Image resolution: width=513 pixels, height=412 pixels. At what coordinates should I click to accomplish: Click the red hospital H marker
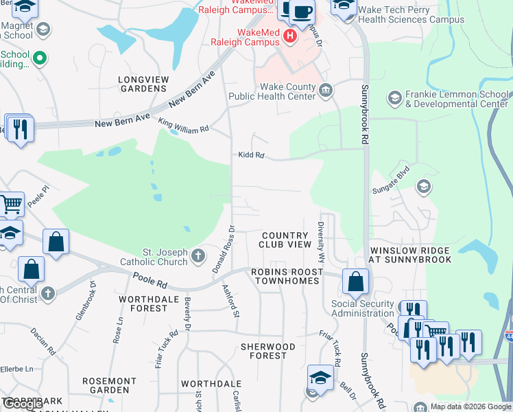point(290,36)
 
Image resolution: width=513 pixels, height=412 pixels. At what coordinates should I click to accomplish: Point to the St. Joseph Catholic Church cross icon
point(198,257)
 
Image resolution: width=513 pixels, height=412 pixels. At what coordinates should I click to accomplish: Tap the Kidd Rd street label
point(251,155)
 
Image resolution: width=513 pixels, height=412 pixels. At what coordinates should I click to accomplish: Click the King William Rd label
point(183,128)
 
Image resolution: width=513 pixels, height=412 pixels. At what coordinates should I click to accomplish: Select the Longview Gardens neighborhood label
point(143,84)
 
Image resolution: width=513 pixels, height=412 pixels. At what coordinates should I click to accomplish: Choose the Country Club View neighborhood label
point(285,240)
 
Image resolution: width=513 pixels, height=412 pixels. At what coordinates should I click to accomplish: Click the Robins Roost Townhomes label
point(286,277)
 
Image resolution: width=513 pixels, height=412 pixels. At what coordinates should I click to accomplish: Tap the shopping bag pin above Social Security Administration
point(355,282)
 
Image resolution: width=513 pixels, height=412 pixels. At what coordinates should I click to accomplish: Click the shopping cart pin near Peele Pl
point(11,204)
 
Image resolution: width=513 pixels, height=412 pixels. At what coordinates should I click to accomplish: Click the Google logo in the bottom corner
point(23,404)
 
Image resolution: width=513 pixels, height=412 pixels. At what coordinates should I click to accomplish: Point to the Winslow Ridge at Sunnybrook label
point(410,255)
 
